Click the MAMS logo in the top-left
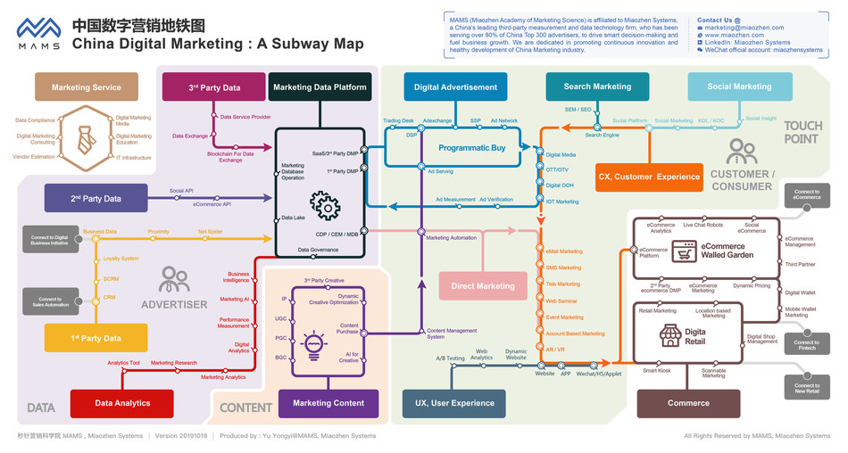click(38, 33)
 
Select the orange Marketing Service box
click(87, 87)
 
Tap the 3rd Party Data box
click(214, 87)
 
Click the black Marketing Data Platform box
click(320, 87)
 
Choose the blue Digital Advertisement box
click(455, 87)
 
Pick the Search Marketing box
click(597, 86)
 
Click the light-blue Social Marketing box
click(739, 86)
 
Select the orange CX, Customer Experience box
click(649, 177)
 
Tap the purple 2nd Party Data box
click(96, 198)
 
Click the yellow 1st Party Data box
click(96, 338)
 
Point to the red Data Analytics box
click(122, 403)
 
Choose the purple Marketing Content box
click(328, 403)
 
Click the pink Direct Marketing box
click(483, 286)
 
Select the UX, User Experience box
click(453, 403)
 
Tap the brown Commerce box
click(688, 403)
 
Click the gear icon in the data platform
click(324, 206)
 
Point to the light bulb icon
click(315, 343)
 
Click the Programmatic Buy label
click(472, 148)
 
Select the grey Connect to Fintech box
click(806, 346)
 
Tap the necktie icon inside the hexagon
click(87, 138)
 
